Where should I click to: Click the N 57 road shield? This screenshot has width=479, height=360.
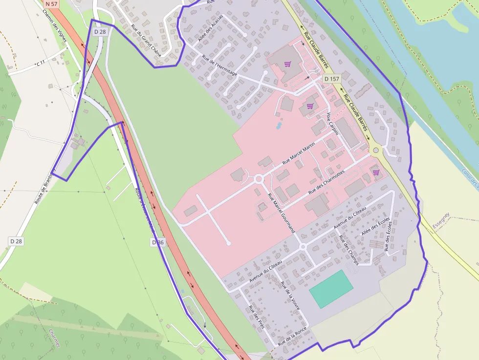(51, 3)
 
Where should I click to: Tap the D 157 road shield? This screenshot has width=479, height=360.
(332, 79)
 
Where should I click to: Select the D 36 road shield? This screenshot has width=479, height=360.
(158, 242)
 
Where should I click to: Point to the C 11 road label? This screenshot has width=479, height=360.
(41, 63)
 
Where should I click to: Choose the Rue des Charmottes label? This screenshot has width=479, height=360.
(327, 182)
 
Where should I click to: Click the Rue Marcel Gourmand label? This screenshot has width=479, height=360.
(282, 212)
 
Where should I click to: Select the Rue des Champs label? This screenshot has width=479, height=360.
(348, 250)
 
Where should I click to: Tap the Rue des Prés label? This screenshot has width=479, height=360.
(256, 317)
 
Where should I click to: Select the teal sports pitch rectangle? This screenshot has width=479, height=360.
(331, 289)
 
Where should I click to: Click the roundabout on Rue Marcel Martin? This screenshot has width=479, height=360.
(259, 179)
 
